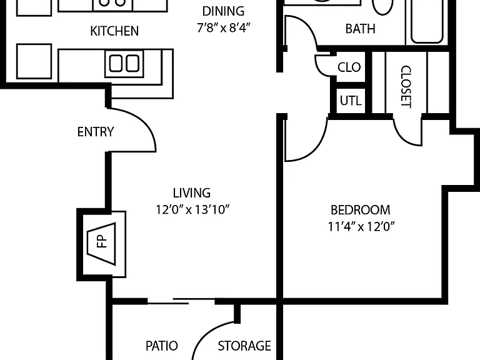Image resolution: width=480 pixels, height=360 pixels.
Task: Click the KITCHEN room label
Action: (x=114, y=31)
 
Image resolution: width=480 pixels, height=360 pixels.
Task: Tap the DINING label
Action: (x=223, y=12)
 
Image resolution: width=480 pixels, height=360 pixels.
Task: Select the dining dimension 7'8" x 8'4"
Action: (x=224, y=28)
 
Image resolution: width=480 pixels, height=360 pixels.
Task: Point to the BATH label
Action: (x=360, y=29)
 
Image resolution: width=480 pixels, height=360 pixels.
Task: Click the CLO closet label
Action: (x=349, y=67)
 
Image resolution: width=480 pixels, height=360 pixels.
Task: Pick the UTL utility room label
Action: (x=351, y=101)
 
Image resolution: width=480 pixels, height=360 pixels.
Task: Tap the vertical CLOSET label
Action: (x=406, y=86)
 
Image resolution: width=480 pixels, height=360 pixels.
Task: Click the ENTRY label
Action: (x=96, y=132)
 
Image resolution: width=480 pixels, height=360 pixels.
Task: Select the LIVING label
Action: (x=192, y=193)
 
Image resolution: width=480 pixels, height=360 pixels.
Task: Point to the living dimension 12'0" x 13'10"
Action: (x=192, y=210)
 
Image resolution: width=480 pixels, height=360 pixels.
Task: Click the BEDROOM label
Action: (x=360, y=210)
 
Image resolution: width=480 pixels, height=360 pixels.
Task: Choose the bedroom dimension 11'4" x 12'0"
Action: (x=361, y=227)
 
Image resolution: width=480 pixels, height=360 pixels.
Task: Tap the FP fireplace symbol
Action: (x=102, y=244)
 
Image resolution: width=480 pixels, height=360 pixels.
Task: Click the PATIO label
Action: (x=162, y=346)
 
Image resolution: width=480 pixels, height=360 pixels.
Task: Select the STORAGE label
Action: (x=244, y=346)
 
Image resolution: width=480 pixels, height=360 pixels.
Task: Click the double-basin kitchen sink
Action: (x=124, y=63)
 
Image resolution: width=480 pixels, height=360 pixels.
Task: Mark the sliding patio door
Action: (x=181, y=301)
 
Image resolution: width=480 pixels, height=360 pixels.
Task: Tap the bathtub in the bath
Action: (x=427, y=21)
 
